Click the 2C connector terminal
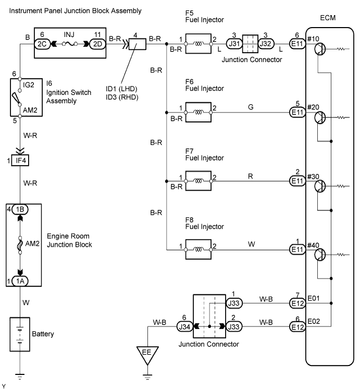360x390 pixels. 42,44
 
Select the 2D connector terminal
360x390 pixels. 97,44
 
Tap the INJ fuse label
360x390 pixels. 69,34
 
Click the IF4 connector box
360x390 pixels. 20,160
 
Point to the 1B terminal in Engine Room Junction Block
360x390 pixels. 20,209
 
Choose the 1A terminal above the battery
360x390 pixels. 20,281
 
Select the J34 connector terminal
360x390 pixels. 184,326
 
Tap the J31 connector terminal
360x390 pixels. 234,44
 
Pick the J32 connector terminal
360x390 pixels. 266,44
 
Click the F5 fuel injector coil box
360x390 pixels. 198,44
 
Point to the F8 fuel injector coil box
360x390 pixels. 198,249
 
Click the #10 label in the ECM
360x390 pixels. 313,39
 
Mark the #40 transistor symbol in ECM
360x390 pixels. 320,255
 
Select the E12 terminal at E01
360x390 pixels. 297,303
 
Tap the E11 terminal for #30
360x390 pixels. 297,181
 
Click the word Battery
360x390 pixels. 43,334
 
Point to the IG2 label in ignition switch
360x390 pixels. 28,85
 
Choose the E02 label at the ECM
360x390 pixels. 314,321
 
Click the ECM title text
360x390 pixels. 328,18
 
